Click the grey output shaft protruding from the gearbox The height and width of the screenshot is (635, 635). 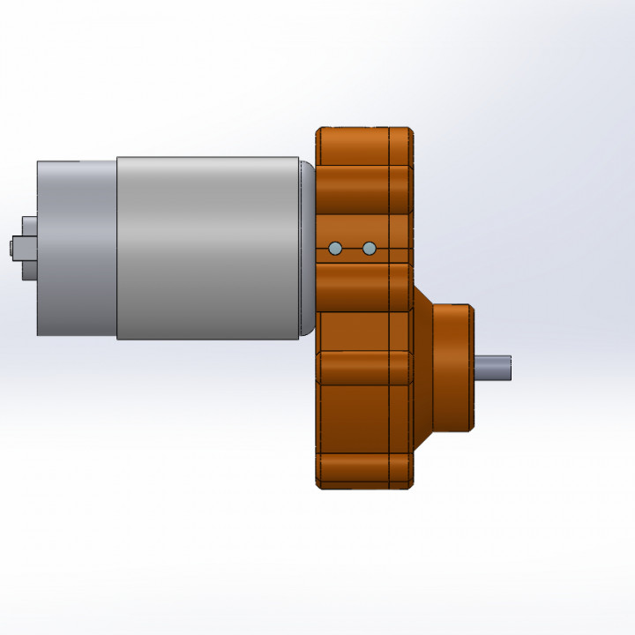click(x=493, y=368)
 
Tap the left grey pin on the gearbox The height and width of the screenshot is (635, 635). click(x=334, y=249)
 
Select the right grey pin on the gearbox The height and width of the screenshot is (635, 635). click(x=370, y=249)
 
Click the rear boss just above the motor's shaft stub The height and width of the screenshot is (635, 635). click(x=29, y=227)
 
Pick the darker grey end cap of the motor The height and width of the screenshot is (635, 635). click(x=77, y=248)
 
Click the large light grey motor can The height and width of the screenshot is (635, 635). click(x=207, y=248)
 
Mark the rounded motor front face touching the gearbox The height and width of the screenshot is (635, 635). click(x=307, y=248)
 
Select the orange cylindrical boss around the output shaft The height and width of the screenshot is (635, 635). click(x=450, y=368)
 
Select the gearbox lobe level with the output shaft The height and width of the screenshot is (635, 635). click(x=363, y=368)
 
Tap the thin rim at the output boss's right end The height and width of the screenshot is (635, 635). click(x=472, y=368)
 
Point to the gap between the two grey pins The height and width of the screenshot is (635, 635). click(x=352, y=249)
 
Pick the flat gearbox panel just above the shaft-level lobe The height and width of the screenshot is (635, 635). click(x=363, y=331)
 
